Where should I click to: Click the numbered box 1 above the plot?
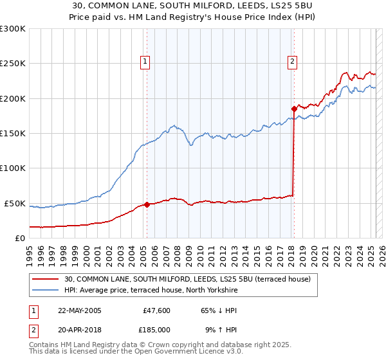(145, 62)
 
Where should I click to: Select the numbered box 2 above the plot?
(292, 62)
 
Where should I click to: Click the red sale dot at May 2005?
(147, 204)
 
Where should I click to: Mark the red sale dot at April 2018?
(294, 109)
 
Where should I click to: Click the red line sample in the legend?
(46, 279)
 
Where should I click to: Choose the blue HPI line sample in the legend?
(46, 291)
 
